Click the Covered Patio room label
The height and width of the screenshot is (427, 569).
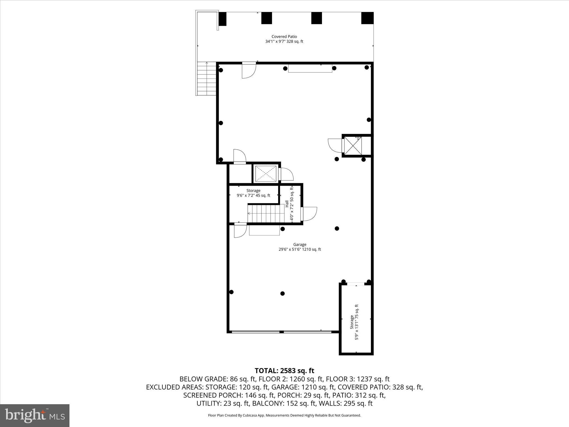click(284, 36)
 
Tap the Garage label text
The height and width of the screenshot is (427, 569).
click(300, 245)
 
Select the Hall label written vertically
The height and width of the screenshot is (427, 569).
click(286, 204)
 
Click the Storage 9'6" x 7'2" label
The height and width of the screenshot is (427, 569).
click(253, 193)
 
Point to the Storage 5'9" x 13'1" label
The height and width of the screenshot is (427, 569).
click(354, 322)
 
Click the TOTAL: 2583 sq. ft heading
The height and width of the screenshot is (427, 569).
click(284, 371)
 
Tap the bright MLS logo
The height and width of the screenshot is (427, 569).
click(35, 416)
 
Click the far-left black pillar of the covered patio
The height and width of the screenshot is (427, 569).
click(223, 19)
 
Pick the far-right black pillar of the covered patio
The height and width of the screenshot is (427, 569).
click(367, 18)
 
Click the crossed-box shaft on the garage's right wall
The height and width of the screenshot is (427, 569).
click(353, 146)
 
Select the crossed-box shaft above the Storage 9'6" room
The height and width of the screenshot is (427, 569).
click(266, 174)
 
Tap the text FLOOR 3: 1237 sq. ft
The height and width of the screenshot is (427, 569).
click(358, 379)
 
